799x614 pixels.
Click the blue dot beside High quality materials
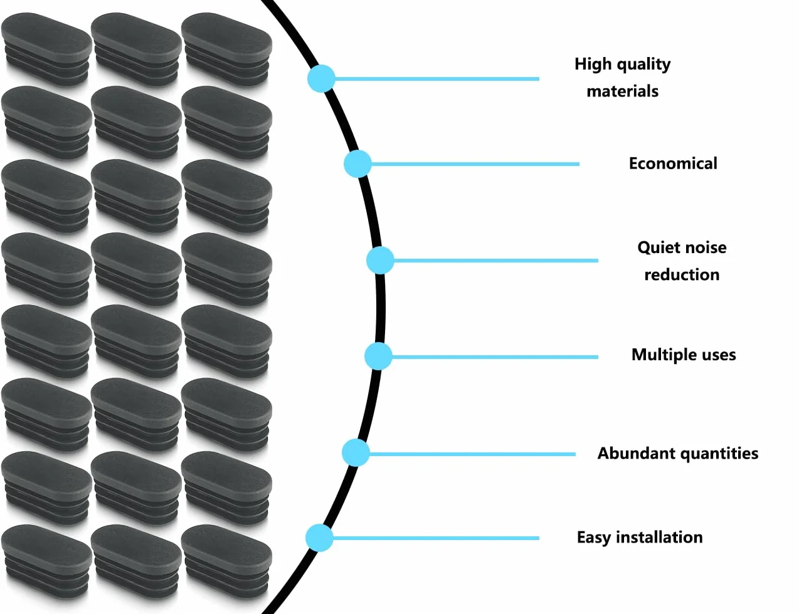pos(321,78)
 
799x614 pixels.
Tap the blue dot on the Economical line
pos(357,164)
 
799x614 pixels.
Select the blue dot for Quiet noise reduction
pos(380,261)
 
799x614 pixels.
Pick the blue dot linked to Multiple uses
pos(378,356)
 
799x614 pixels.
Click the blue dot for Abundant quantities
pos(356,453)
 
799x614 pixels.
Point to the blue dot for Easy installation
pos(319,538)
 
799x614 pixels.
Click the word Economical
pos(673,164)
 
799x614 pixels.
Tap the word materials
pos(623,91)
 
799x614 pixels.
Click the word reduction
pos(682,274)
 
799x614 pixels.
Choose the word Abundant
pos(630,453)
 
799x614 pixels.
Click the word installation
pos(659,538)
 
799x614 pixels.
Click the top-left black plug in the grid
pos(46,49)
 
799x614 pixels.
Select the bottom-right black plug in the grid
pos(226,562)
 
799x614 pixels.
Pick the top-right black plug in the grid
pos(226,49)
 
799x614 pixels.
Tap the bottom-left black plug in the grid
pos(46,562)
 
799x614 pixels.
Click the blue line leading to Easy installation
pos(436,538)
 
